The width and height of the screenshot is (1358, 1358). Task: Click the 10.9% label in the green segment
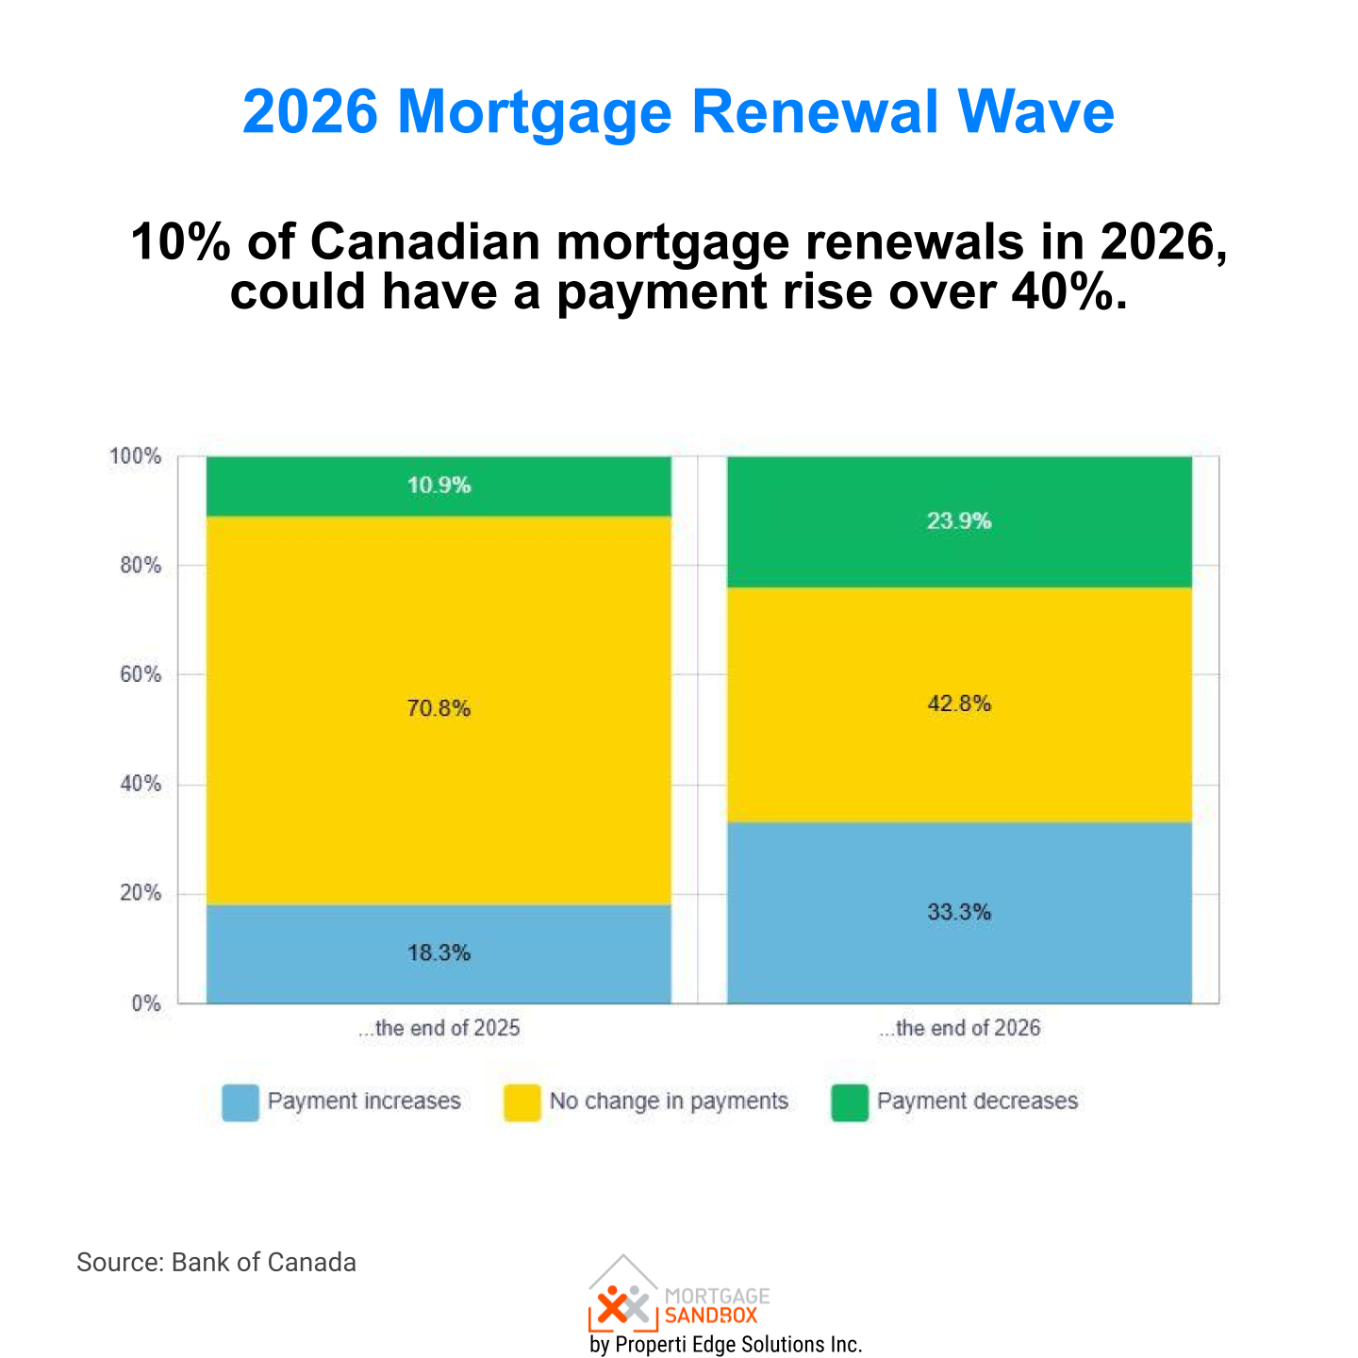coord(439,486)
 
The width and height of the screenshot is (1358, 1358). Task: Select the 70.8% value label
coord(439,708)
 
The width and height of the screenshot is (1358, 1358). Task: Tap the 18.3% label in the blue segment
coord(439,953)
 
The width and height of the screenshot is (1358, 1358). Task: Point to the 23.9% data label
coord(959,522)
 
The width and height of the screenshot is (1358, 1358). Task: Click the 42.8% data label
coord(959,704)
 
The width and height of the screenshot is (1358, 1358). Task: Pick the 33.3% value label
coord(959,912)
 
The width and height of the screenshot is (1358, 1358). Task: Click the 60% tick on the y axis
coord(140,675)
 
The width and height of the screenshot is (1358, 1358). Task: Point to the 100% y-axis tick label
coord(136,456)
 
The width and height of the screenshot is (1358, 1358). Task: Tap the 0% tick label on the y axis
coord(145,1004)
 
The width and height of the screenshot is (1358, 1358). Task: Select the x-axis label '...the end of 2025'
coord(439,1028)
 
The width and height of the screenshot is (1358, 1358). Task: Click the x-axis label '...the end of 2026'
coord(959,1028)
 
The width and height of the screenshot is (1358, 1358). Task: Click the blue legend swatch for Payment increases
coord(240,1102)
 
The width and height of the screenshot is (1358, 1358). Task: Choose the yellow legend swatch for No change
coord(522,1102)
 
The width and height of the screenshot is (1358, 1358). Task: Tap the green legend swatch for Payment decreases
coord(850,1102)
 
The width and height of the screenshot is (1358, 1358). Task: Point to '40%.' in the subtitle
coord(1069,291)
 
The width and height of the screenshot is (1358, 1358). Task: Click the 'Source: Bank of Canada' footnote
coord(216,1262)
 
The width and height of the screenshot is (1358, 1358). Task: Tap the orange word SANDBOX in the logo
coord(711,1316)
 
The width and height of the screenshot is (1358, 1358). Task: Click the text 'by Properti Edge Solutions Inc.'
coord(725,1344)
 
